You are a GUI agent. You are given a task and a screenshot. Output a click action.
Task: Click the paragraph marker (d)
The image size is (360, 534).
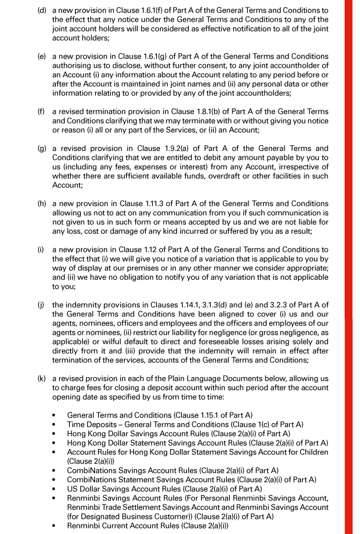(x=42, y=11)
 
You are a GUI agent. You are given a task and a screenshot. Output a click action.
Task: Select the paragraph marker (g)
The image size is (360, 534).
(x=42, y=148)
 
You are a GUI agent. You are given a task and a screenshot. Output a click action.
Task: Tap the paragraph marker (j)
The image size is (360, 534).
(x=42, y=304)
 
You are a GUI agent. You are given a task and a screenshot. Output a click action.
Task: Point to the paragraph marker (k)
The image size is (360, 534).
(x=42, y=381)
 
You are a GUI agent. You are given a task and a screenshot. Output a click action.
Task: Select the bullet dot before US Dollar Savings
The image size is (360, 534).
(x=54, y=489)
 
